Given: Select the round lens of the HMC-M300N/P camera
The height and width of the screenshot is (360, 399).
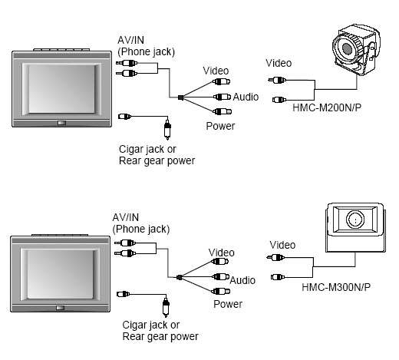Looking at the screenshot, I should pyautogui.click(x=354, y=220).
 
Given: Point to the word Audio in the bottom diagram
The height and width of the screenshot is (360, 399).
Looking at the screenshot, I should pyautogui.click(x=242, y=280).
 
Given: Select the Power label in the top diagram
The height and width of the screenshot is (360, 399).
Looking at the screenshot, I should pyautogui.click(x=220, y=126).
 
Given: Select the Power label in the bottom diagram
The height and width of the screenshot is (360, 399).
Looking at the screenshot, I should pyautogui.click(x=227, y=304).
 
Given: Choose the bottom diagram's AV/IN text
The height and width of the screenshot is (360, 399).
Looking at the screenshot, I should pyautogui.click(x=127, y=218).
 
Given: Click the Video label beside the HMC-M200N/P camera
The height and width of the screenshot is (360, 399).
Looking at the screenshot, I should pyautogui.click(x=278, y=63).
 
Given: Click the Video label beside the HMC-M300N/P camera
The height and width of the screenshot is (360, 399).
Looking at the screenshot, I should pyautogui.click(x=283, y=244).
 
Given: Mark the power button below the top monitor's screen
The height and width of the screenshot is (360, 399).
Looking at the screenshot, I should pyautogui.click(x=61, y=123).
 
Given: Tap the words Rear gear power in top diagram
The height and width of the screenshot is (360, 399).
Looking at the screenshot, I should pyautogui.click(x=157, y=160).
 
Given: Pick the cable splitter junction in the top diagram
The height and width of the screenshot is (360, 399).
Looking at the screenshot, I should pyautogui.click(x=180, y=97).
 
